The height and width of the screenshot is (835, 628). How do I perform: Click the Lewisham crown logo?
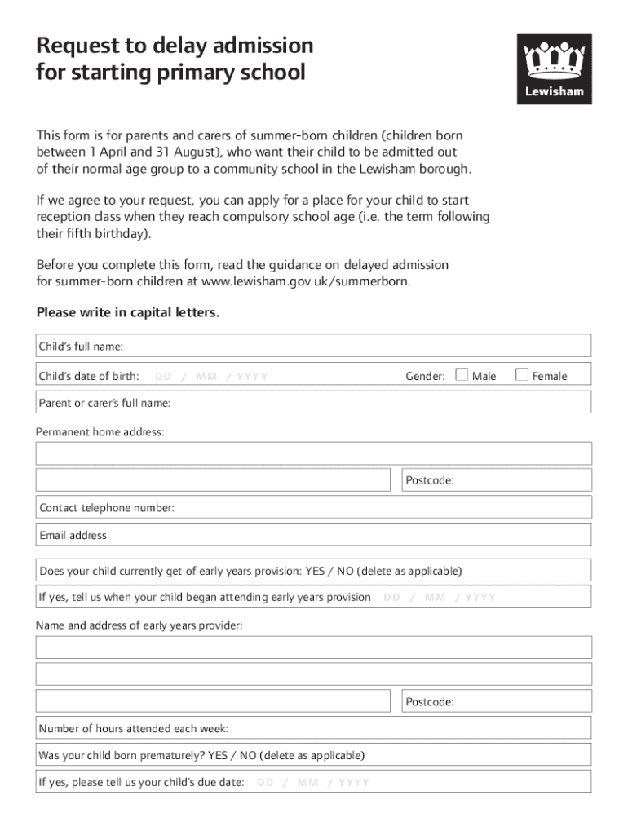554,69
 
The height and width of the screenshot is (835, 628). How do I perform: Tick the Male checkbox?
462,375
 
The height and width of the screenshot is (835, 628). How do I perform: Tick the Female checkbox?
522,375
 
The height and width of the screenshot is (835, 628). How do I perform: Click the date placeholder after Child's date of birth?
211,376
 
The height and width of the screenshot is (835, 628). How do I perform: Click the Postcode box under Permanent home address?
496,480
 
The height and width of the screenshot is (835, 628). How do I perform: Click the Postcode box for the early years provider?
496,701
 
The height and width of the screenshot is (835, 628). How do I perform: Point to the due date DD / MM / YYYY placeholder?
313,783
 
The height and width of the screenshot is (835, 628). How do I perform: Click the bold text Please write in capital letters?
128,313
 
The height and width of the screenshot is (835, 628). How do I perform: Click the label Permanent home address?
100,431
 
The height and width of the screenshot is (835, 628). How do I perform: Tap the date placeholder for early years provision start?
440,598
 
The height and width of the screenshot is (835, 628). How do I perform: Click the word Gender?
425,376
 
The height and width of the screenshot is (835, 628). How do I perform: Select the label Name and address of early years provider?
139,625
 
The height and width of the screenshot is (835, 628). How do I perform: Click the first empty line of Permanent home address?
314,453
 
